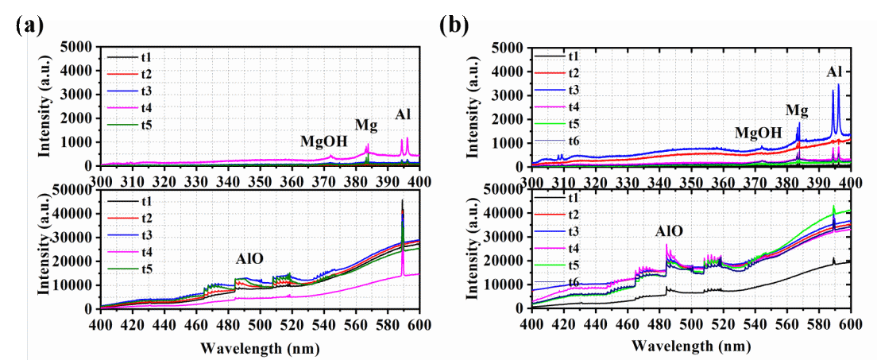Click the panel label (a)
pos(29,25)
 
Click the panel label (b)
pos(454,25)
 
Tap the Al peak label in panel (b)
pos(834,72)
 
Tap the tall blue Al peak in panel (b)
pos(838,86)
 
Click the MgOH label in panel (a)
pos(323,141)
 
